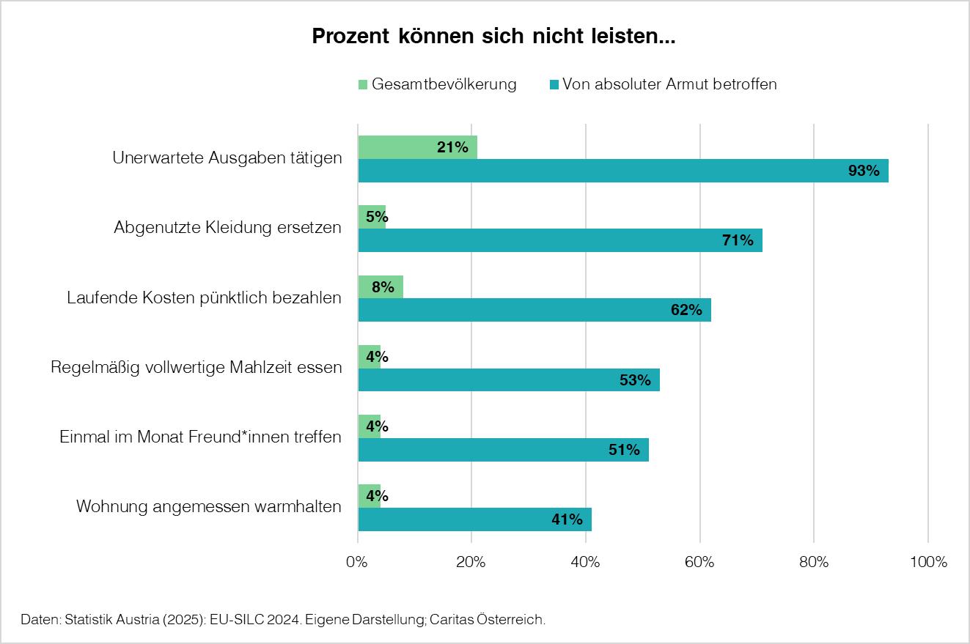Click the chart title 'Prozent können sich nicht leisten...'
493,37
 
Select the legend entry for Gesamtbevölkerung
437,84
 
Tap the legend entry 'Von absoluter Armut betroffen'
663,84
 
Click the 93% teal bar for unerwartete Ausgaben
623,171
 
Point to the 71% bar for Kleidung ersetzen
560,240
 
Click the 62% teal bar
534,310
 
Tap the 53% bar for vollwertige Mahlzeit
509,380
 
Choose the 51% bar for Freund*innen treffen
503,450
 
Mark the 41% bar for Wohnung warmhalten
474,519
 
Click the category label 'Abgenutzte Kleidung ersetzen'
227,227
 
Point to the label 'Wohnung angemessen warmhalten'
209,506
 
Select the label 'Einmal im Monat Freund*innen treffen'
200,437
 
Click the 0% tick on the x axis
357,563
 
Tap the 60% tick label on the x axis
699,563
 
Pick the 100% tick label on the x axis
928,563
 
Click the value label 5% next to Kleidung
377,217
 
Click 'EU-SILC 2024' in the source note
250,620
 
